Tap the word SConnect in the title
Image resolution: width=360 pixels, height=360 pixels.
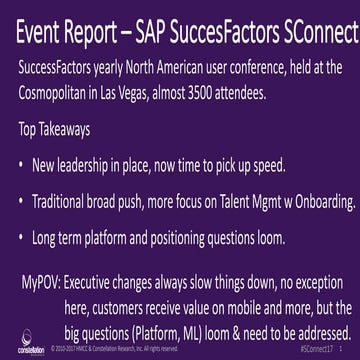(317, 35)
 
